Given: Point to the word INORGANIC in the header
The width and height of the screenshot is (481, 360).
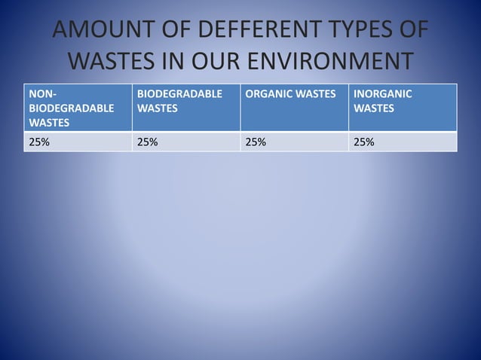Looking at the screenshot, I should [x=382, y=94].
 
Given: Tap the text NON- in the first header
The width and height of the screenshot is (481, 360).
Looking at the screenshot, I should [x=41, y=94].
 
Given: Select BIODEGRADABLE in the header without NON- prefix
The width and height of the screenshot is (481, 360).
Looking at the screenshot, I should [x=179, y=94].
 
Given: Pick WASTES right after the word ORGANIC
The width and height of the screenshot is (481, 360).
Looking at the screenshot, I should [x=317, y=94].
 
